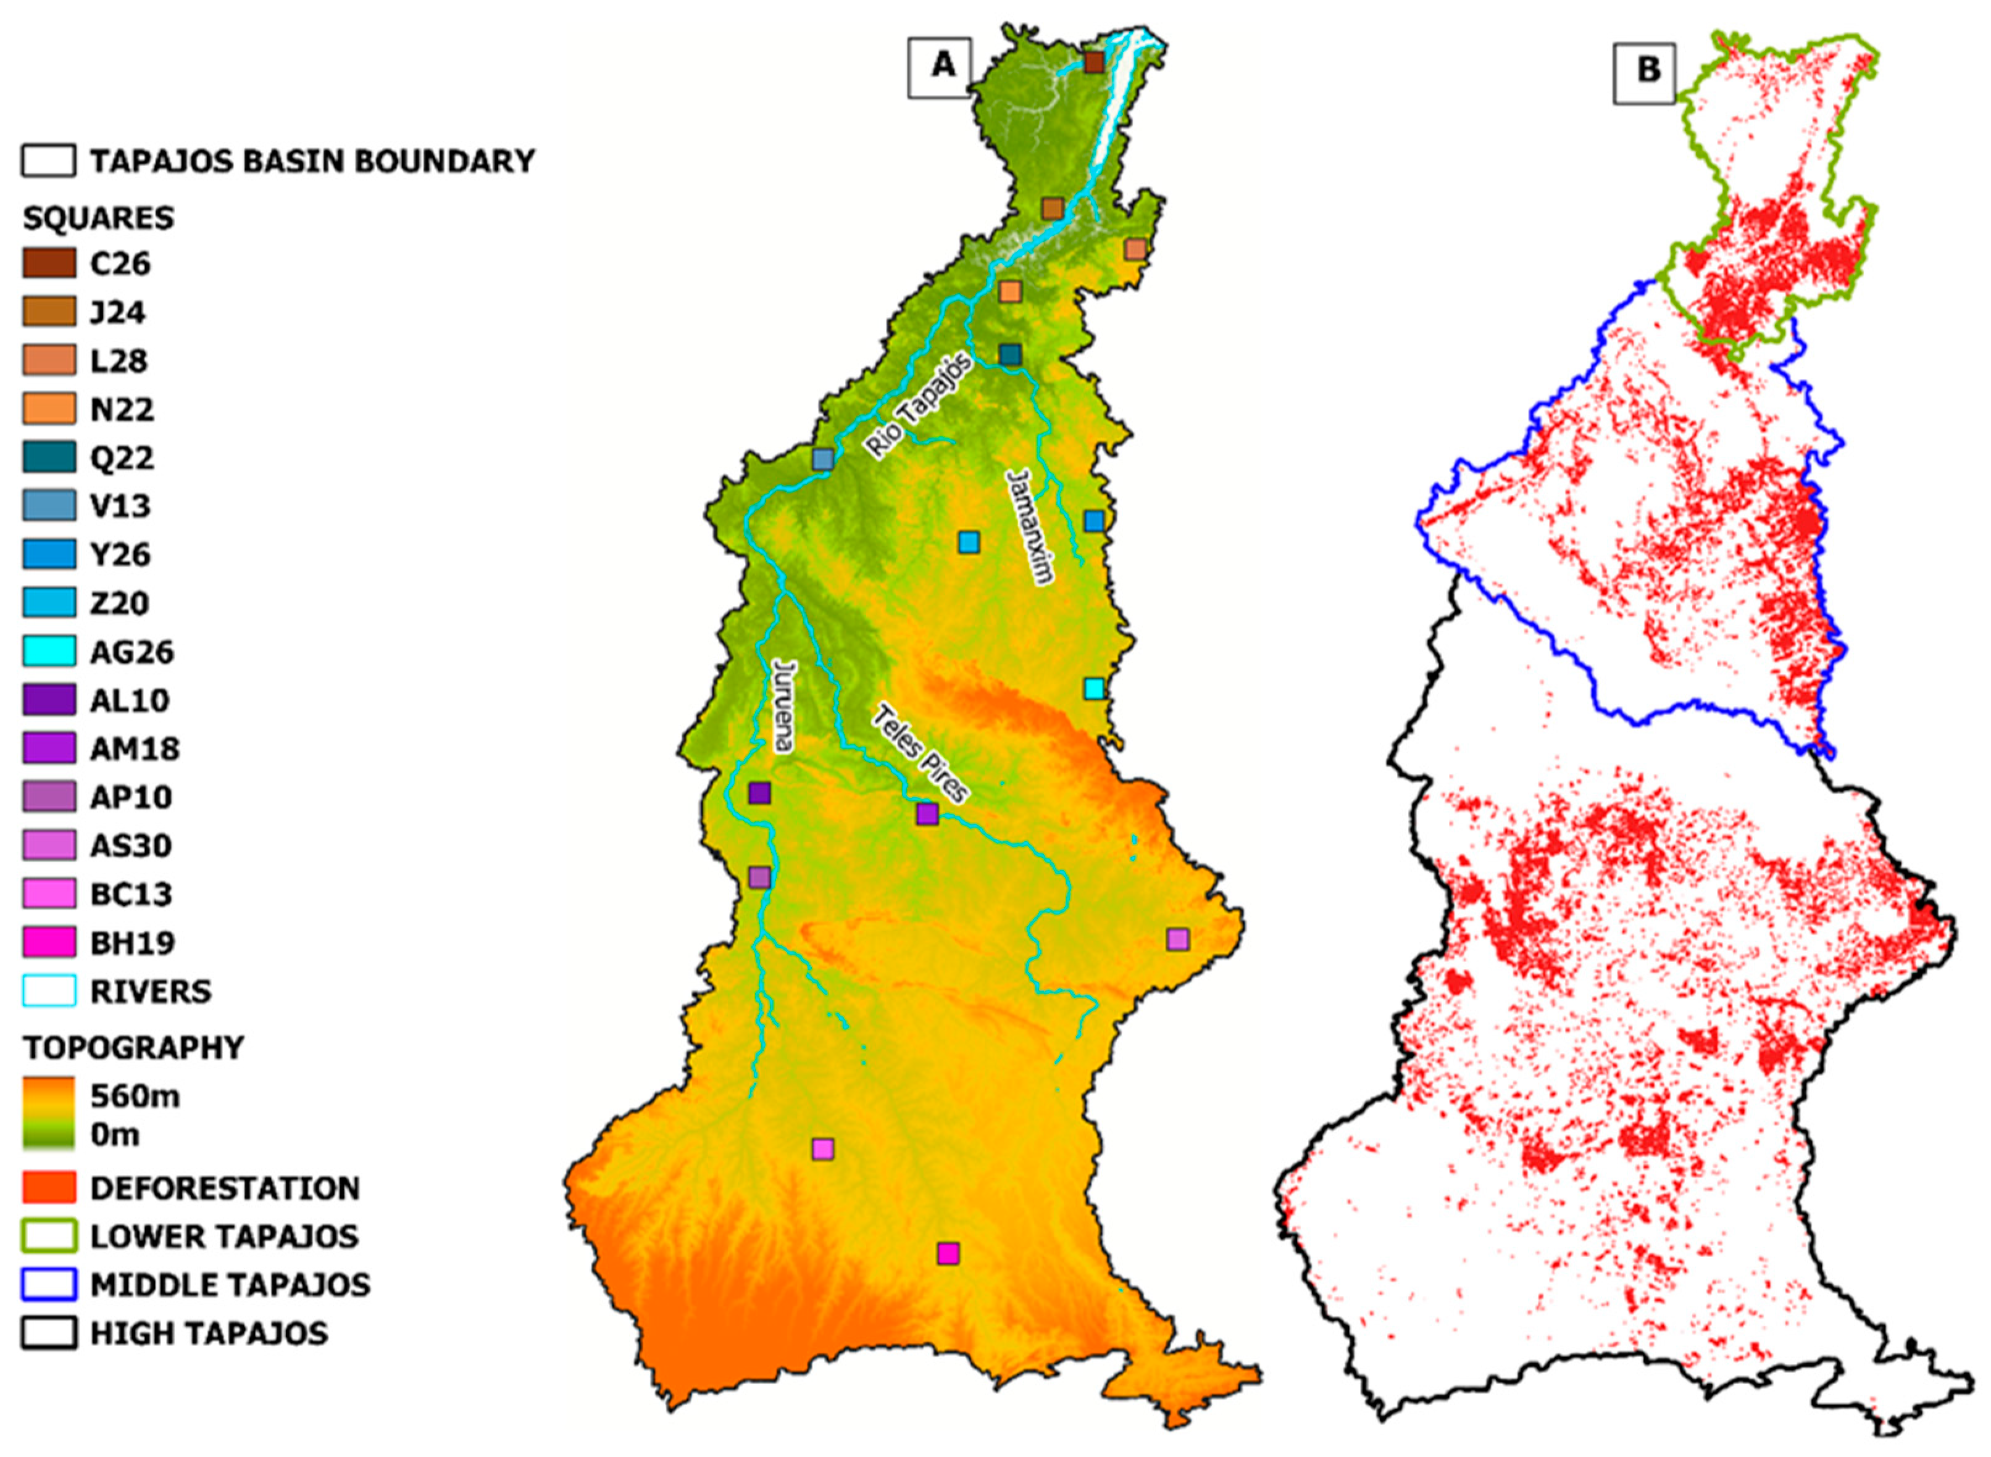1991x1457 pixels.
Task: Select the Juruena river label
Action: tap(782, 705)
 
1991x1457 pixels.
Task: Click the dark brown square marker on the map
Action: tap(1094, 62)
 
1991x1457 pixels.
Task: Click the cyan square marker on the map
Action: tap(1094, 689)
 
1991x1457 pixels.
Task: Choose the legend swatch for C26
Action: tap(49, 264)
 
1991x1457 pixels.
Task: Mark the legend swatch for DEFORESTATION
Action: tap(49, 1188)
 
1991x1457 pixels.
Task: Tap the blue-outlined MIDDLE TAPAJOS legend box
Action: tap(49, 1285)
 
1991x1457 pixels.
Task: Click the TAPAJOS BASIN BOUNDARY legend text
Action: tap(311, 162)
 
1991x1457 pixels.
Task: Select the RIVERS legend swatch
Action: tap(49, 991)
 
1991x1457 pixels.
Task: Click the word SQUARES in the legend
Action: tap(98, 218)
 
